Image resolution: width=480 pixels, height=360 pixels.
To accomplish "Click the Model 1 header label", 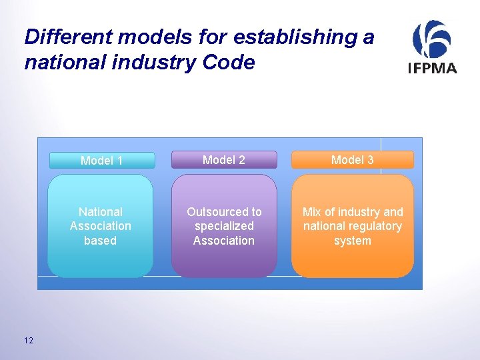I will (x=101, y=161).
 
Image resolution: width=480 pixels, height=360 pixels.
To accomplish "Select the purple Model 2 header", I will (x=224, y=160).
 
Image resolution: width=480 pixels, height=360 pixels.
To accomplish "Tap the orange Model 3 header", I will (x=352, y=160).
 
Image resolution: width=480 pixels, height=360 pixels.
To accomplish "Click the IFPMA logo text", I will (x=432, y=67).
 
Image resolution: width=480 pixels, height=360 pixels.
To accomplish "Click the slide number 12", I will (x=28, y=341).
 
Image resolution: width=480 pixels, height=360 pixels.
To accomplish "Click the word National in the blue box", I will (x=101, y=212).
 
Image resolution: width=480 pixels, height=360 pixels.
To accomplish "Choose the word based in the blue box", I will (x=101, y=241).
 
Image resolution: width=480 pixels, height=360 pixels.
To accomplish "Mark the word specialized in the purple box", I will (x=224, y=226).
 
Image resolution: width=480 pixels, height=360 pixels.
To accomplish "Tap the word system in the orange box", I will (x=352, y=241).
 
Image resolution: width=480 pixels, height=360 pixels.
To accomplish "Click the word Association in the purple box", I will (x=224, y=241).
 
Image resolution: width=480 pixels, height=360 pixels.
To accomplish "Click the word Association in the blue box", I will (x=101, y=226).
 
